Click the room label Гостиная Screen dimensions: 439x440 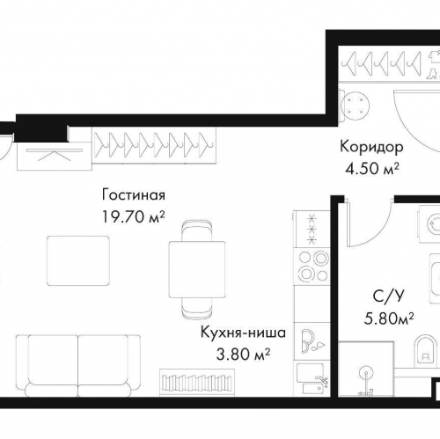tap(134, 195)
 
